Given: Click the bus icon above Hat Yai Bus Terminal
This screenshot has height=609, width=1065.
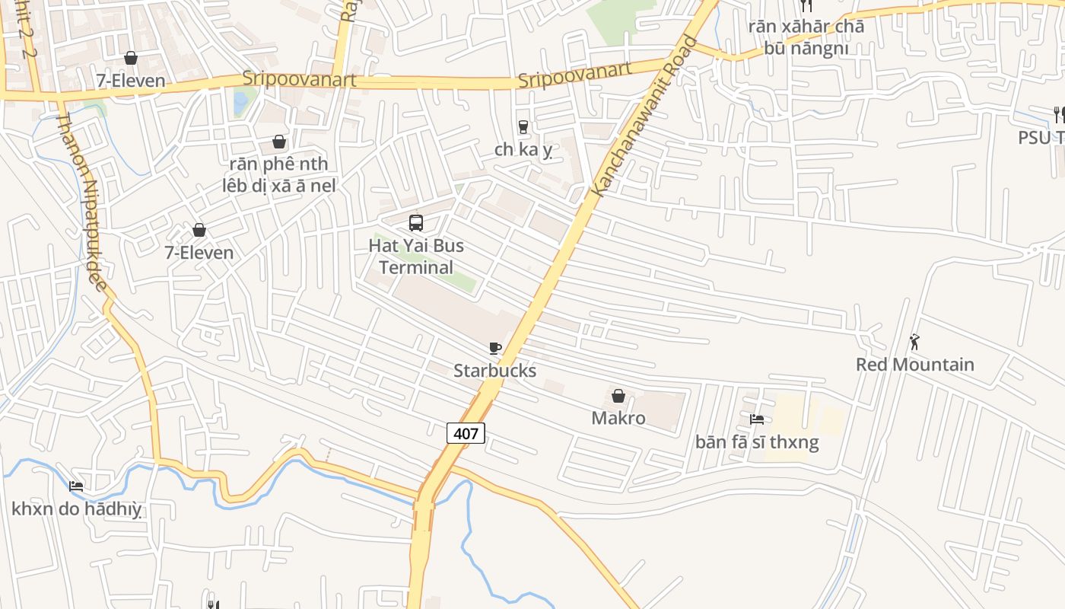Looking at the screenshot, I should [415, 223].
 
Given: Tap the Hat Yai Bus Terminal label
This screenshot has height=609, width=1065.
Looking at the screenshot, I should [416, 257].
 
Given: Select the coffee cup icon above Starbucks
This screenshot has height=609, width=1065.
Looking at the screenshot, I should [495, 349].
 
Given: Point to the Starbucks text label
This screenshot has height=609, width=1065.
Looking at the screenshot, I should [495, 371].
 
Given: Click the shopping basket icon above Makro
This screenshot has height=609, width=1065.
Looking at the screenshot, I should [618, 396].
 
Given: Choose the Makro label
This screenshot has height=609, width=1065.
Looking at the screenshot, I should [618, 418].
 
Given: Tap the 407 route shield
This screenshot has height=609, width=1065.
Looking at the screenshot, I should [466, 434].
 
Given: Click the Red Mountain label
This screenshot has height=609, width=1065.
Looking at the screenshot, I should [914, 365].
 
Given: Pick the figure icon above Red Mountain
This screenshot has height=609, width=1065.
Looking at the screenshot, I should [914, 343].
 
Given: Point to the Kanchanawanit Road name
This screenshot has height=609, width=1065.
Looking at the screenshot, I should [644, 117].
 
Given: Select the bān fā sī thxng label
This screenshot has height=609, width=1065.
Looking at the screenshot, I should [757, 442].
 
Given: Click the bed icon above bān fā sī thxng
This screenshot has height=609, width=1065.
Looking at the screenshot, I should [757, 419].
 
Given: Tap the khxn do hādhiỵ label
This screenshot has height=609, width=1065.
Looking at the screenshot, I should [77, 509].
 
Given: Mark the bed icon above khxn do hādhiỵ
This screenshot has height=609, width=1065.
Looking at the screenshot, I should [76, 486].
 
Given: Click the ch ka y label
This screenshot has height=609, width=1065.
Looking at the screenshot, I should [523, 150].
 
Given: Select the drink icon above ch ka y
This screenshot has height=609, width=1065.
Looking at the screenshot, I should [523, 127].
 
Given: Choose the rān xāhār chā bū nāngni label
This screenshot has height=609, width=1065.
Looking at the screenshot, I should [806, 37].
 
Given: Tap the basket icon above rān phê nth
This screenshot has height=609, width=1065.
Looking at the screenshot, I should [279, 142].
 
